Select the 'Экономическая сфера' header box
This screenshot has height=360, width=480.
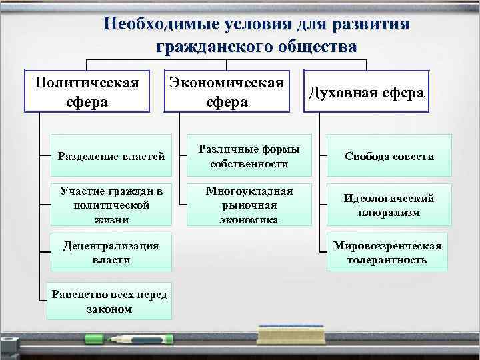(227, 91)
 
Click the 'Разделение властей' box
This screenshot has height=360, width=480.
(111, 156)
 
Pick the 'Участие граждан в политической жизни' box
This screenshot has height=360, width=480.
(111, 204)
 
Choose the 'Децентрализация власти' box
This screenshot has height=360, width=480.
(111, 252)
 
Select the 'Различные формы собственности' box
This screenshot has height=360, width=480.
(249, 156)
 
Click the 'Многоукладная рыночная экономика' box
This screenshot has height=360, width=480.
(249, 204)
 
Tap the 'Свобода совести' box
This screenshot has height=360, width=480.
(389, 156)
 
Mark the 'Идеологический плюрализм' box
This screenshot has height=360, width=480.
(389, 204)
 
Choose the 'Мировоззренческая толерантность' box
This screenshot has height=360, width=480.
(387, 252)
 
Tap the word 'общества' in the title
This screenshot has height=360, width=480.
(314, 47)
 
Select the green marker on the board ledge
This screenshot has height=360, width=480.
(127, 340)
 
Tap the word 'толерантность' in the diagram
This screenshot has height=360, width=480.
(387, 259)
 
